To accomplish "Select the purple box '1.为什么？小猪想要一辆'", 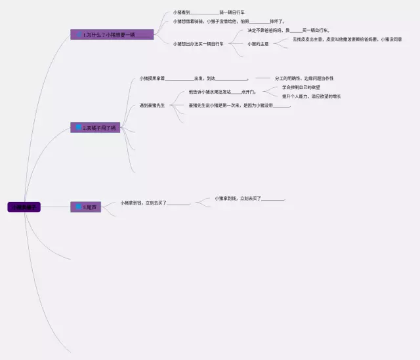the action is tap(112, 34).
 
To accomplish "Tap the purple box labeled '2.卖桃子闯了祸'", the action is tap(95, 127).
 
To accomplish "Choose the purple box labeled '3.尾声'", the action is tap(86, 207).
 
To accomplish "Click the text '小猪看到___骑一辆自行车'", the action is tap(209, 12).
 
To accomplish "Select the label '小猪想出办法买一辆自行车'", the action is tap(198, 44).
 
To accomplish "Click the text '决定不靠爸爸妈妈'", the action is tap(288, 30).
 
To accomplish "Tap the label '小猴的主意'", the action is tap(258, 44).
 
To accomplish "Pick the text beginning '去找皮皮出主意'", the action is tap(346, 39).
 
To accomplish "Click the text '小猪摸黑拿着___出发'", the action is tap(193, 79).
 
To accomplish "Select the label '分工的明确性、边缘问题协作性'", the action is tap(304, 79).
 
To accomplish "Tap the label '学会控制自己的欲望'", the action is tap(301, 87).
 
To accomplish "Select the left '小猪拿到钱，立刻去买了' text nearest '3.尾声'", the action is tap(155, 203).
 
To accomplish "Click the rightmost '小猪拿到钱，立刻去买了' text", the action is tap(250, 198).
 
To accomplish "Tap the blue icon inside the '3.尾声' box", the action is tap(78, 207).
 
